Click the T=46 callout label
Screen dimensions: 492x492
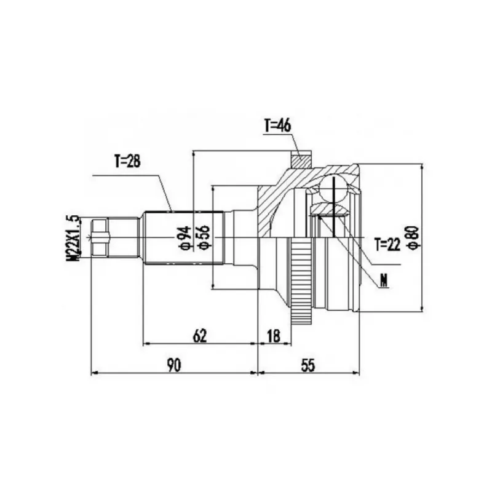[278, 125]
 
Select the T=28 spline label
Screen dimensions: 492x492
[127, 161]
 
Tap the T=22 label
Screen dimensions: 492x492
[388, 244]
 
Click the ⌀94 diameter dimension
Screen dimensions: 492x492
[186, 238]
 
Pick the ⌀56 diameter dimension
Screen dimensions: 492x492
[204, 237]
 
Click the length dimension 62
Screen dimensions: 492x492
[200, 336]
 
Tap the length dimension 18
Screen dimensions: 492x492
[274, 336]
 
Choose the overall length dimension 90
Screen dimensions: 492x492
[174, 365]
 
